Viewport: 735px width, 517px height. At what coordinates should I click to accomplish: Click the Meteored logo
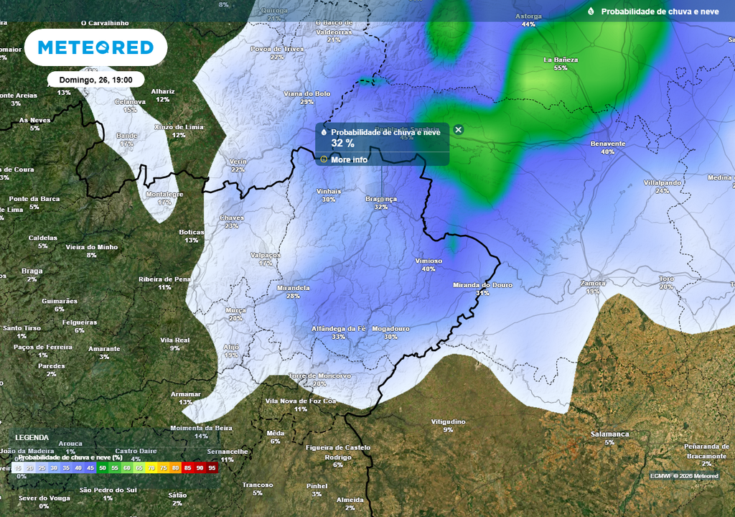click(x=95, y=48)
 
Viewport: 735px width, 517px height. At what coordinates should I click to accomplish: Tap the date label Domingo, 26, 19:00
click(x=95, y=80)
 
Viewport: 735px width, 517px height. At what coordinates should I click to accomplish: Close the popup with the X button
click(x=459, y=130)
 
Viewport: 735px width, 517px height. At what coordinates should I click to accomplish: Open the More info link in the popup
click(x=349, y=159)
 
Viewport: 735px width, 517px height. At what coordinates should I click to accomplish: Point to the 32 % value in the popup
click(x=342, y=144)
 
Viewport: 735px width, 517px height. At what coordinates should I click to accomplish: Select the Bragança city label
click(x=380, y=199)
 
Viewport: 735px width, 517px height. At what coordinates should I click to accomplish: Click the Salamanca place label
click(x=609, y=434)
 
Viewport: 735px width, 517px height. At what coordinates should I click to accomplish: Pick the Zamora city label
click(x=593, y=284)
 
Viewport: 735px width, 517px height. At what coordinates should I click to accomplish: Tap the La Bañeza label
click(x=561, y=60)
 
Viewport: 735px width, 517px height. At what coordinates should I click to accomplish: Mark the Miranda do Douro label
click(x=482, y=285)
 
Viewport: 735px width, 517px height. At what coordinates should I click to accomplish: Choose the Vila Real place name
click(x=174, y=340)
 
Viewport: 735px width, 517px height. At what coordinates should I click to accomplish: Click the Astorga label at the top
click(x=529, y=16)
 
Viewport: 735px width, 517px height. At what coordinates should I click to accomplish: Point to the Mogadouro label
click(x=390, y=329)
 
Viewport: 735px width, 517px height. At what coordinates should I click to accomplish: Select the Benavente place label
click(x=607, y=144)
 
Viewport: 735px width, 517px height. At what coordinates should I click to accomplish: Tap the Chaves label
click(x=231, y=218)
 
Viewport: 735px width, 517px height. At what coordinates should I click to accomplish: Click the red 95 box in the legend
click(x=212, y=467)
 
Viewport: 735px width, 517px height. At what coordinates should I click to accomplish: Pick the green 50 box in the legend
click(x=103, y=467)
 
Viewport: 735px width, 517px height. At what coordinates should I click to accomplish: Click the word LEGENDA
click(x=32, y=437)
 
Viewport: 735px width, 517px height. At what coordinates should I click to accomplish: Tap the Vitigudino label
click(x=448, y=421)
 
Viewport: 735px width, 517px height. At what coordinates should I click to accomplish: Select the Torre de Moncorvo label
click(x=319, y=376)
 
